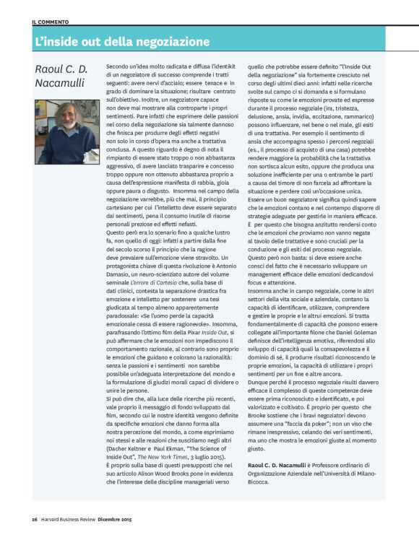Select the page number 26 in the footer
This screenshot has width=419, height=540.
pyautogui.click(x=34, y=519)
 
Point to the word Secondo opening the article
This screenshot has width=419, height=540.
pyautogui.click(x=117, y=65)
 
